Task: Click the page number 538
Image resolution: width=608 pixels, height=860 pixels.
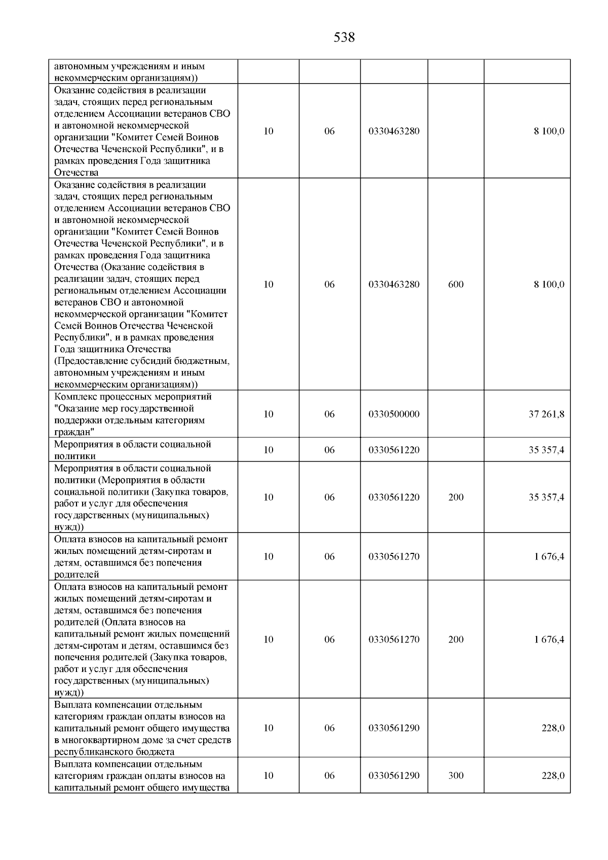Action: [x=344, y=38]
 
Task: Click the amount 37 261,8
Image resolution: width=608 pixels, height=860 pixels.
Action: [x=546, y=414]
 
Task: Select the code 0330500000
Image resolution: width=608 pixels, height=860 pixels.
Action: [x=394, y=414]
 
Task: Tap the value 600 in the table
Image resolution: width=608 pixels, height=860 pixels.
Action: [x=455, y=284]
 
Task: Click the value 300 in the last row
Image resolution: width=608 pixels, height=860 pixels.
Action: [x=455, y=776]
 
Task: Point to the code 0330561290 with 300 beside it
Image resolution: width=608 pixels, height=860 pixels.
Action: [x=394, y=776]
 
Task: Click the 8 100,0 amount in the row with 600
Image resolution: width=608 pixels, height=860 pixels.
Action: [x=549, y=284]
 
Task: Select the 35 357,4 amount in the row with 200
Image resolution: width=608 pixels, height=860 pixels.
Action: [x=546, y=497]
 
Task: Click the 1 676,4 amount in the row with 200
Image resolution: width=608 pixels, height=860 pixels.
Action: [x=549, y=640]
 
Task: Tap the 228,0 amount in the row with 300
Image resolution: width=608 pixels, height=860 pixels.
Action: [x=553, y=776]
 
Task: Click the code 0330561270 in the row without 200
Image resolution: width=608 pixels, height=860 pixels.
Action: [x=394, y=556]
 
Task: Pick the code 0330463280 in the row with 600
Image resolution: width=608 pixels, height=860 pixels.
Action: [x=394, y=284]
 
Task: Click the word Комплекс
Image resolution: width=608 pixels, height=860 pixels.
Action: [x=75, y=397]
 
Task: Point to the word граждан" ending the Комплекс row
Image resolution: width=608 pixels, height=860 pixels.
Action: [x=74, y=432]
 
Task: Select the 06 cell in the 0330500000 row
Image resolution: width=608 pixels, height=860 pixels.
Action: [x=329, y=414]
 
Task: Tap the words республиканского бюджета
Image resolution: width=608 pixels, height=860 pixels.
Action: [x=114, y=752]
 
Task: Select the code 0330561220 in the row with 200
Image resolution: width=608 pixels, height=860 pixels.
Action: [x=394, y=497]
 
